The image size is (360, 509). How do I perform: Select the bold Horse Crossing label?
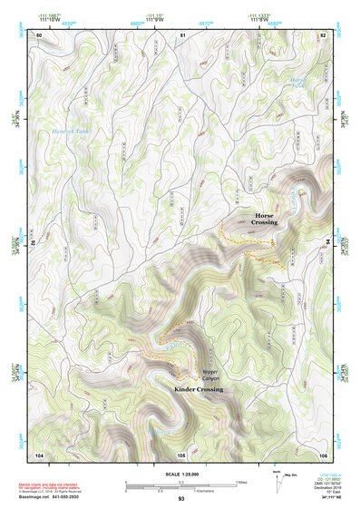pyautogui.click(x=271, y=218)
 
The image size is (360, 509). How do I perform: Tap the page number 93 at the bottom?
pyautogui.click(x=181, y=499)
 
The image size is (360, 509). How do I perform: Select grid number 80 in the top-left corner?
pyautogui.click(x=39, y=34)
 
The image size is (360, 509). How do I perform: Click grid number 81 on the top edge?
pyautogui.click(x=182, y=34)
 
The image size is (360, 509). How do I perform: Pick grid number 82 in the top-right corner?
pyautogui.click(x=323, y=34)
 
